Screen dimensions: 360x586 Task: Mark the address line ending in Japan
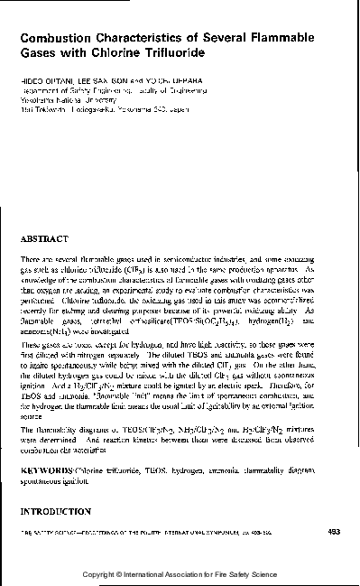tap(122, 109)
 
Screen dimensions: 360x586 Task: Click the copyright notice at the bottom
tap(180, 574)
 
